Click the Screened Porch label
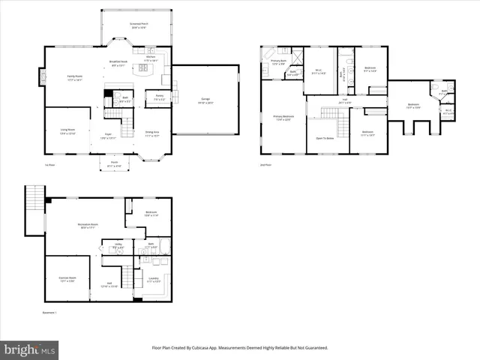pyautogui.click(x=136, y=25)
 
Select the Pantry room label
pyautogui.click(x=160, y=97)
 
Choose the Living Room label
pyautogui.click(x=67, y=131)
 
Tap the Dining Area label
pyautogui.click(x=153, y=133)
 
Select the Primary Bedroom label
pyautogui.click(x=283, y=118)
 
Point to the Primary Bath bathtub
pyautogui.click(x=265, y=70)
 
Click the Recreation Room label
pyautogui.click(x=90, y=226)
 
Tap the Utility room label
pyautogui.click(x=118, y=245)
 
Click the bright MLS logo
pyautogui.click(x=30, y=349)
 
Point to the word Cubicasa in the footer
pyautogui.click(x=209, y=348)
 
